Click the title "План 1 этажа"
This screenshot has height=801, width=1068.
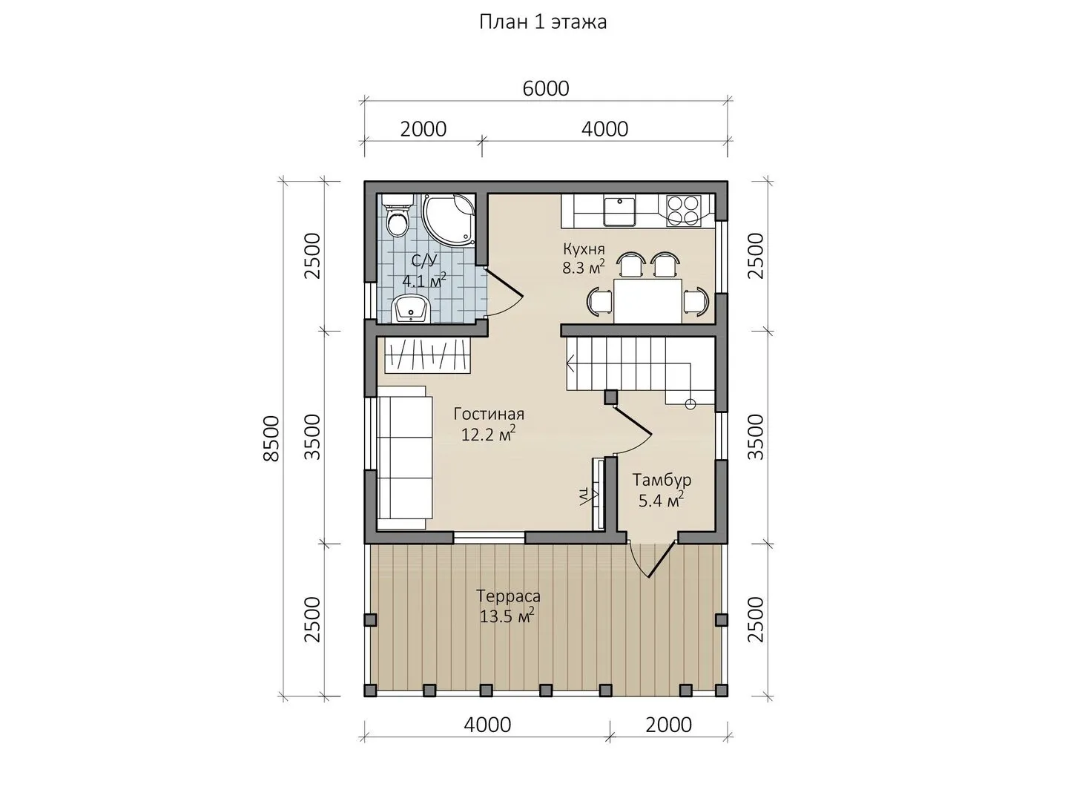pyautogui.click(x=543, y=22)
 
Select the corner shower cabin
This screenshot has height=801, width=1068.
pyautogui.click(x=449, y=220)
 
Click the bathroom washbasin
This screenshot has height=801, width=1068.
pyautogui.click(x=412, y=309)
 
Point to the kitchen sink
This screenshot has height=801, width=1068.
pyautogui.click(x=620, y=211)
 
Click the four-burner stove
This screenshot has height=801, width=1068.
pyautogui.click(x=683, y=210)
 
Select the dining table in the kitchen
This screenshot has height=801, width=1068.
pyautogui.click(x=647, y=300)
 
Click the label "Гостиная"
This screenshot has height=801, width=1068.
pyautogui.click(x=489, y=414)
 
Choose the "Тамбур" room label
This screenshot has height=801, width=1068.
pyautogui.click(x=662, y=480)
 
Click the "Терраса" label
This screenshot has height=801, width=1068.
pyautogui.click(x=509, y=596)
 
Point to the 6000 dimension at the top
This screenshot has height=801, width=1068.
pyautogui.click(x=545, y=88)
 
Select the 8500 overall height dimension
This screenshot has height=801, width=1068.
pyautogui.click(x=271, y=438)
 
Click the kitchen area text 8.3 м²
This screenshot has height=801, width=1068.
pyautogui.click(x=584, y=267)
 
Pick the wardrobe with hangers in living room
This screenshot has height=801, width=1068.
pyautogui.click(x=428, y=356)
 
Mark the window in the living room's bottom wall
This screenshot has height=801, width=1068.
pyautogui.click(x=489, y=537)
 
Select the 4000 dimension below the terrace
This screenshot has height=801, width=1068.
pyautogui.click(x=487, y=725)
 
